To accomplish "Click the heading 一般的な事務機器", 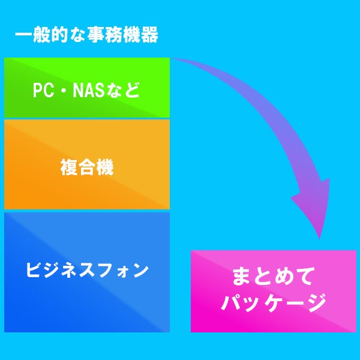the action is click(x=86, y=36).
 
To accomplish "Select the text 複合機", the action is click(x=87, y=167).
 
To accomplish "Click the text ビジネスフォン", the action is click(x=87, y=270).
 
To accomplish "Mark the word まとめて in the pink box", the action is click(x=274, y=277).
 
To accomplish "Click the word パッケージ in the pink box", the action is click(x=274, y=302).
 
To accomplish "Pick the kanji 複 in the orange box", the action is click(x=69, y=167).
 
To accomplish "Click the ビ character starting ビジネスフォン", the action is click(x=34, y=270).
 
